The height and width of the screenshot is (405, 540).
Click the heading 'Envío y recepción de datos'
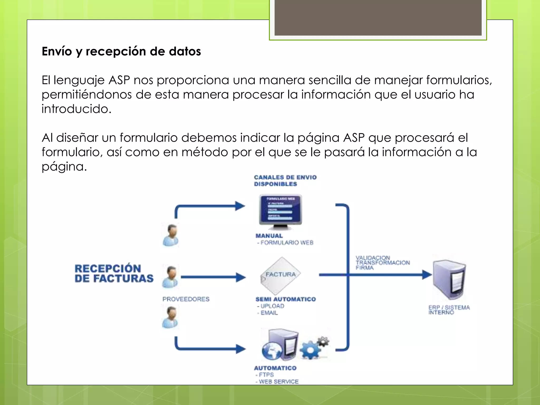click(x=121, y=51)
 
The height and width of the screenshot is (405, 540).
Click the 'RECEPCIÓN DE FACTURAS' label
click(x=114, y=273)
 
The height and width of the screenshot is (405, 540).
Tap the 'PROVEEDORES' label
click(x=186, y=299)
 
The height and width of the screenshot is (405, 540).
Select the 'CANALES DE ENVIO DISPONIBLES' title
click(x=285, y=181)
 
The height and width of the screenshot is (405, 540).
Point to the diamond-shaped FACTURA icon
click(x=281, y=276)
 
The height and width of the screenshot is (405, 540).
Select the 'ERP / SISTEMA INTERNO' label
click(x=449, y=310)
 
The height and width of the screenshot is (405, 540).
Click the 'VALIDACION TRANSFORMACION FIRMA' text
click(x=382, y=263)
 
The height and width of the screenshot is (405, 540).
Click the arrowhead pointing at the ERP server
click(x=427, y=275)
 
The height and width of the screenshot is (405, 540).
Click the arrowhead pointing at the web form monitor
click(x=240, y=206)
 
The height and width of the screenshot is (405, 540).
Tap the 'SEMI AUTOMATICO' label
click(x=286, y=299)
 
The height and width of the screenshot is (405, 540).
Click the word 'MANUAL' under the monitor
click(x=269, y=236)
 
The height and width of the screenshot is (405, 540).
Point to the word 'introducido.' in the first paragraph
click(x=76, y=109)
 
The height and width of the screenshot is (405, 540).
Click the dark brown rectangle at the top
click(x=378, y=17)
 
